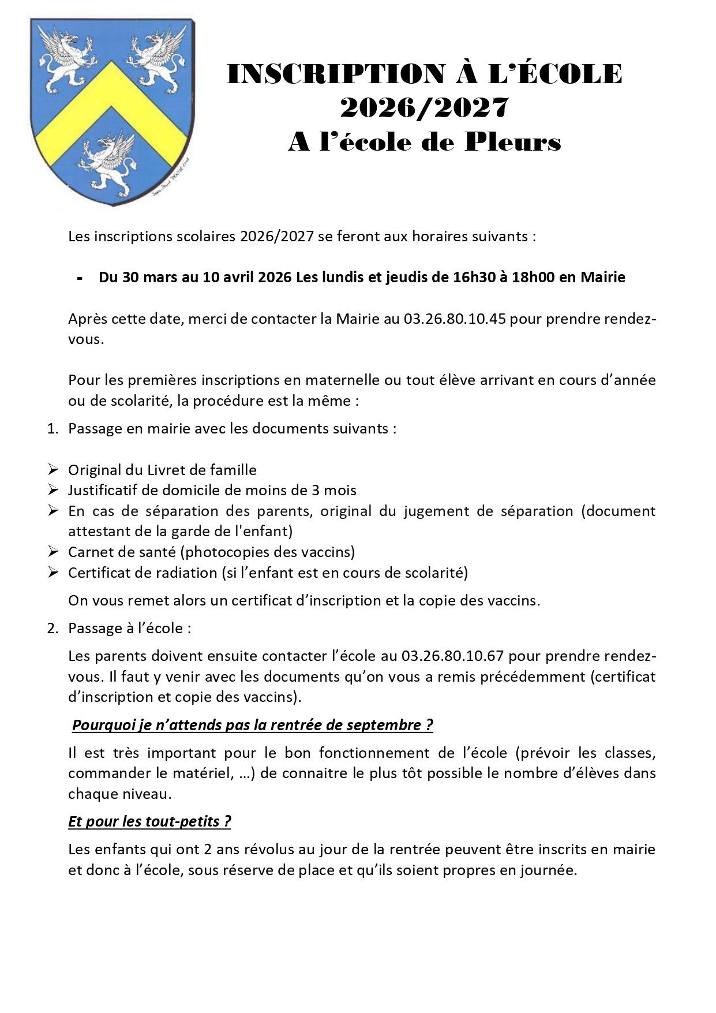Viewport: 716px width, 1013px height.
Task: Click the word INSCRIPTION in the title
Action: pos(335,74)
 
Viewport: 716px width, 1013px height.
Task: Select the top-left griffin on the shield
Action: pos(69,58)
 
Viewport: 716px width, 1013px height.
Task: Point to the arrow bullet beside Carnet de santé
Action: pos(53,552)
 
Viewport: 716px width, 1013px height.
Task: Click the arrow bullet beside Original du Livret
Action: pos(53,470)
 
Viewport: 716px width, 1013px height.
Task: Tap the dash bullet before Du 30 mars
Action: pos(79,278)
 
